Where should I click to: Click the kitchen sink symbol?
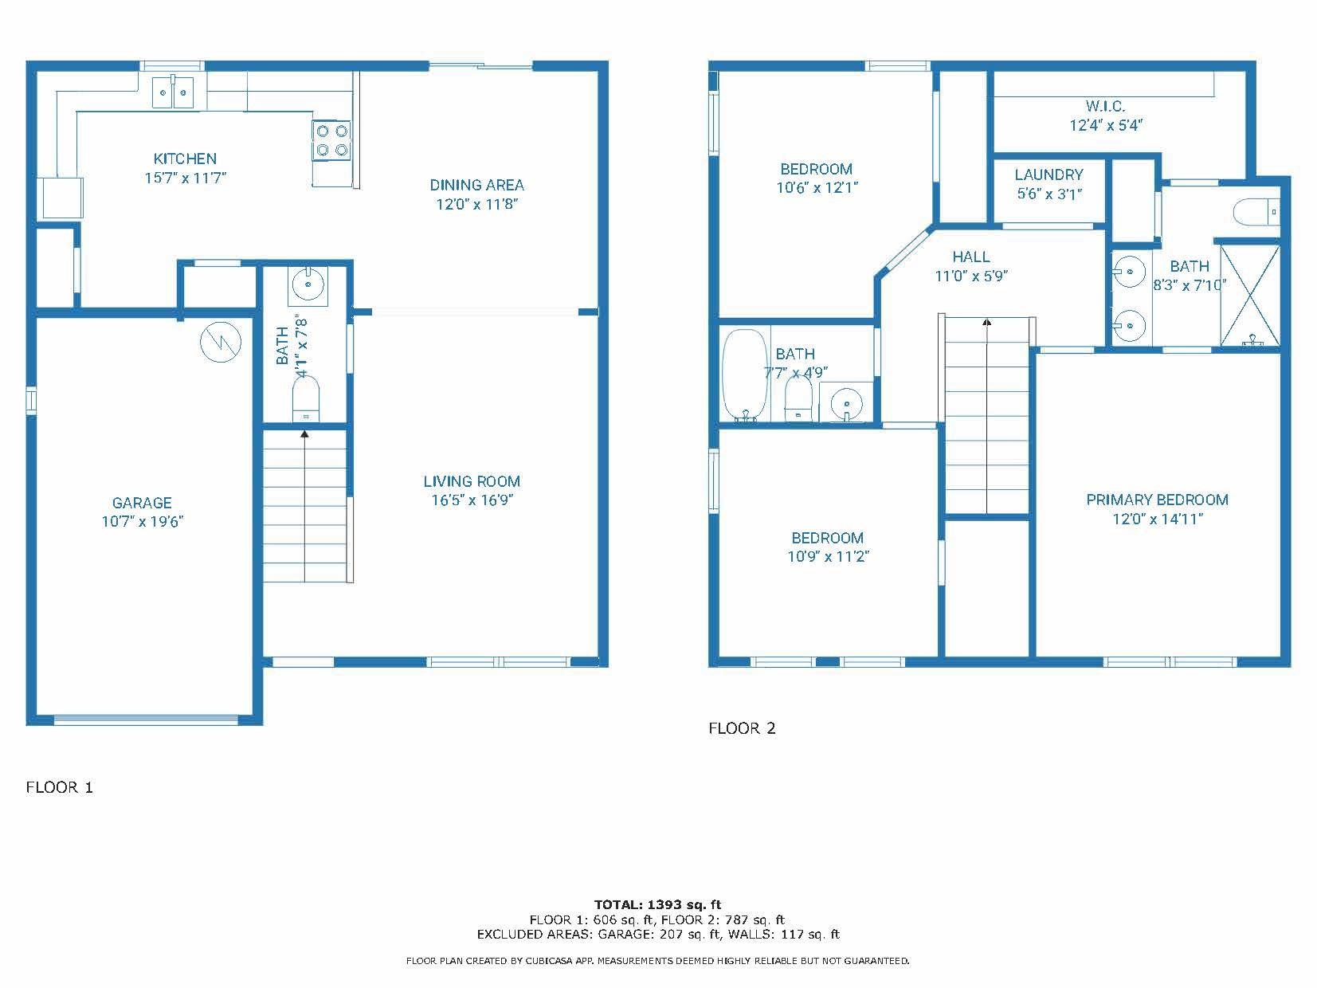pyautogui.click(x=173, y=92)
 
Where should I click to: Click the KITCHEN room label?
pyautogui.click(x=185, y=159)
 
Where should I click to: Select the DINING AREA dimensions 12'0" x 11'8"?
pyautogui.click(x=476, y=204)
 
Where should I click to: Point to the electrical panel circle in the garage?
pyautogui.click(x=219, y=343)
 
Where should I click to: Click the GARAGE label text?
pyautogui.click(x=142, y=503)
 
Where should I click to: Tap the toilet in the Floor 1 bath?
pyautogui.click(x=306, y=398)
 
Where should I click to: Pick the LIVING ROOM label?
pyautogui.click(x=472, y=481)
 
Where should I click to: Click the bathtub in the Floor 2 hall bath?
pyautogui.click(x=743, y=374)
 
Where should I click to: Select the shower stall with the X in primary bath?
pyautogui.click(x=1249, y=296)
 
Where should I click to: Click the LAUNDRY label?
pyautogui.click(x=1049, y=174)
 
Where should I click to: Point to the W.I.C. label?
pyautogui.click(x=1105, y=106)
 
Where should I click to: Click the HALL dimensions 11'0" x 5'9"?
pyautogui.click(x=971, y=276)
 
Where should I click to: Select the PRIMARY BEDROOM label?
pyautogui.click(x=1157, y=500)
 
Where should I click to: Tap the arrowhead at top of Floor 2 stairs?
pyautogui.click(x=987, y=323)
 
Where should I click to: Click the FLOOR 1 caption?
pyautogui.click(x=60, y=787)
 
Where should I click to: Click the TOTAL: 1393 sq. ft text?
pyautogui.click(x=657, y=904)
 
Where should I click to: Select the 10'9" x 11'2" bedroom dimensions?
pyautogui.click(x=828, y=557)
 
